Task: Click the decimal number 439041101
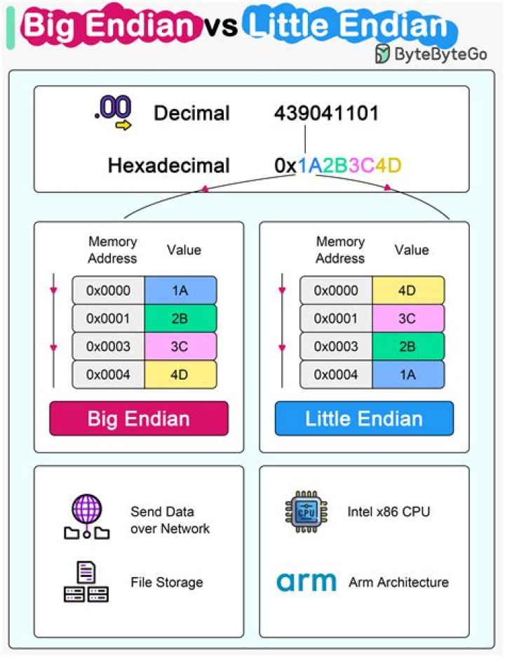coord(326,113)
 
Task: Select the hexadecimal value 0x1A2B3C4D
coord(338,166)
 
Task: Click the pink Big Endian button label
coord(138,419)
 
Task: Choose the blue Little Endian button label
coord(364,419)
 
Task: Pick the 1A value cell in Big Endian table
coord(180,291)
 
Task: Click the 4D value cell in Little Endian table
coord(408,291)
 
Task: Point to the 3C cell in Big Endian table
coord(180,346)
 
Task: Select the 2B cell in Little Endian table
coord(408,346)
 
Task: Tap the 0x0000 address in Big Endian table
coord(109,291)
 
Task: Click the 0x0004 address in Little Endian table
coord(336,374)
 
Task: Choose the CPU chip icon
coord(306,511)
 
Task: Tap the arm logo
coord(307,582)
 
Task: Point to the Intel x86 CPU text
coord(389,512)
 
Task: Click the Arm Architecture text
coord(398,582)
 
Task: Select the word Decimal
coord(191,113)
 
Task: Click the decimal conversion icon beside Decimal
coord(113,112)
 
